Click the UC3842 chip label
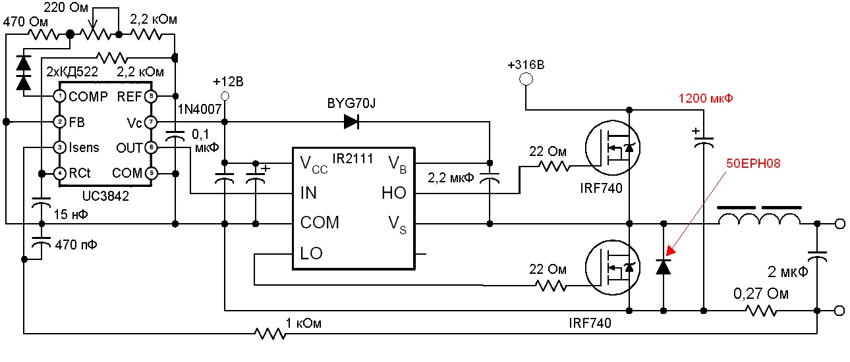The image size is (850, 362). (x=106, y=195)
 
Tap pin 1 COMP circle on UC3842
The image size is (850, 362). (x=60, y=97)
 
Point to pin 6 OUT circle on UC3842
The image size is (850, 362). (x=151, y=147)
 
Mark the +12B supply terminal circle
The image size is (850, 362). (x=225, y=97)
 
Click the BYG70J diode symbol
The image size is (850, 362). (x=351, y=122)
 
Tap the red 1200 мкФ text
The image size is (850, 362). (x=706, y=99)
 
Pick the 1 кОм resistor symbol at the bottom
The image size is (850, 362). (x=271, y=334)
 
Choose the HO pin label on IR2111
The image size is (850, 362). (x=394, y=194)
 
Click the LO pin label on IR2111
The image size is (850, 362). (x=311, y=253)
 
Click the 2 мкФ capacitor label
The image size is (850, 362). (x=787, y=272)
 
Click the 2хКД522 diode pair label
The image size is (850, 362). (x=72, y=71)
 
